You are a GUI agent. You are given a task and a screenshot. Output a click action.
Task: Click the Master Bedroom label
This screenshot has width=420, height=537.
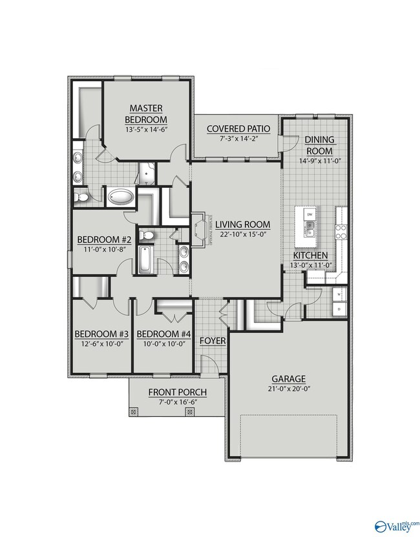pyautogui.click(x=145, y=114)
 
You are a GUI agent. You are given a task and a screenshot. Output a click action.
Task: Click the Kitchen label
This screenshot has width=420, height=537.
pyautogui.click(x=309, y=255)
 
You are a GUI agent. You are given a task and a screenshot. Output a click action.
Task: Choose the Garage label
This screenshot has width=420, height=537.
pyautogui.click(x=289, y=379)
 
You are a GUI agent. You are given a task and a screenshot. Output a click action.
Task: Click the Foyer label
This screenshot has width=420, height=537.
pyautogui.click(x=212, y=340)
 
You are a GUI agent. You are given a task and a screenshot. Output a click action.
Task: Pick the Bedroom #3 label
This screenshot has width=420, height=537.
pyautogui.click(x=101, y=334)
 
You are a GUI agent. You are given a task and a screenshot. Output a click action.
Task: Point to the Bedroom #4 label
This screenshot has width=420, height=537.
pyautogui.click(x=164, y=334)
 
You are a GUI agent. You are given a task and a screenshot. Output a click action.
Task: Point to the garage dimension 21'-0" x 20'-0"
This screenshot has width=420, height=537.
pyautogui.click(x=289, y=389)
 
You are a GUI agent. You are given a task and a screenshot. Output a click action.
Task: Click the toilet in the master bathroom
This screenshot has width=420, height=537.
pyautogui.click(x=80, y=196)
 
